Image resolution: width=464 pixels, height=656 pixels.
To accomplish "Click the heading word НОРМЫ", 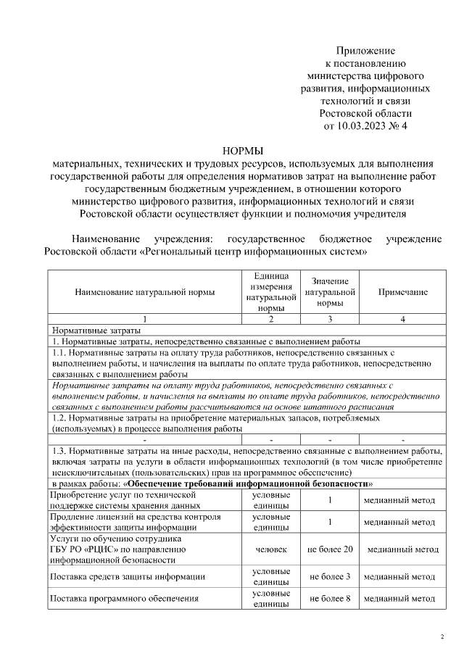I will (x=242, y=151).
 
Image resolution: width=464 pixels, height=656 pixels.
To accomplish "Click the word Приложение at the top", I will (x=365, y=50).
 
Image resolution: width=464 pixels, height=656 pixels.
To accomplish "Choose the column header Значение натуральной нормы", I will (x=330, y=292).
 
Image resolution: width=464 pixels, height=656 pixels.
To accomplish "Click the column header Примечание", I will (x=402, y=292).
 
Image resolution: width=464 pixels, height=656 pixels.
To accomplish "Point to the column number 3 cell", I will (x=330, y=319).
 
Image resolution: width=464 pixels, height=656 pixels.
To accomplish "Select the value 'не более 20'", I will (x=330, y=549).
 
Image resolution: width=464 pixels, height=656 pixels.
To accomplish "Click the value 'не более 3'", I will (x=330, y=577).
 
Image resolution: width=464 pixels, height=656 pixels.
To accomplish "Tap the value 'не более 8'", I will (x=330, y=599).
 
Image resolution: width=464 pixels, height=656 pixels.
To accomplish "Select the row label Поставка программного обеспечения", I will (x=124, y=599).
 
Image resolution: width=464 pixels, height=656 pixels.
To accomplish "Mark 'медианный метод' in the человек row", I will (x=402, y=549).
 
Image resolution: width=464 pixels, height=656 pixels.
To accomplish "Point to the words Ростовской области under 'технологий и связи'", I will (x=365, y=113).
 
